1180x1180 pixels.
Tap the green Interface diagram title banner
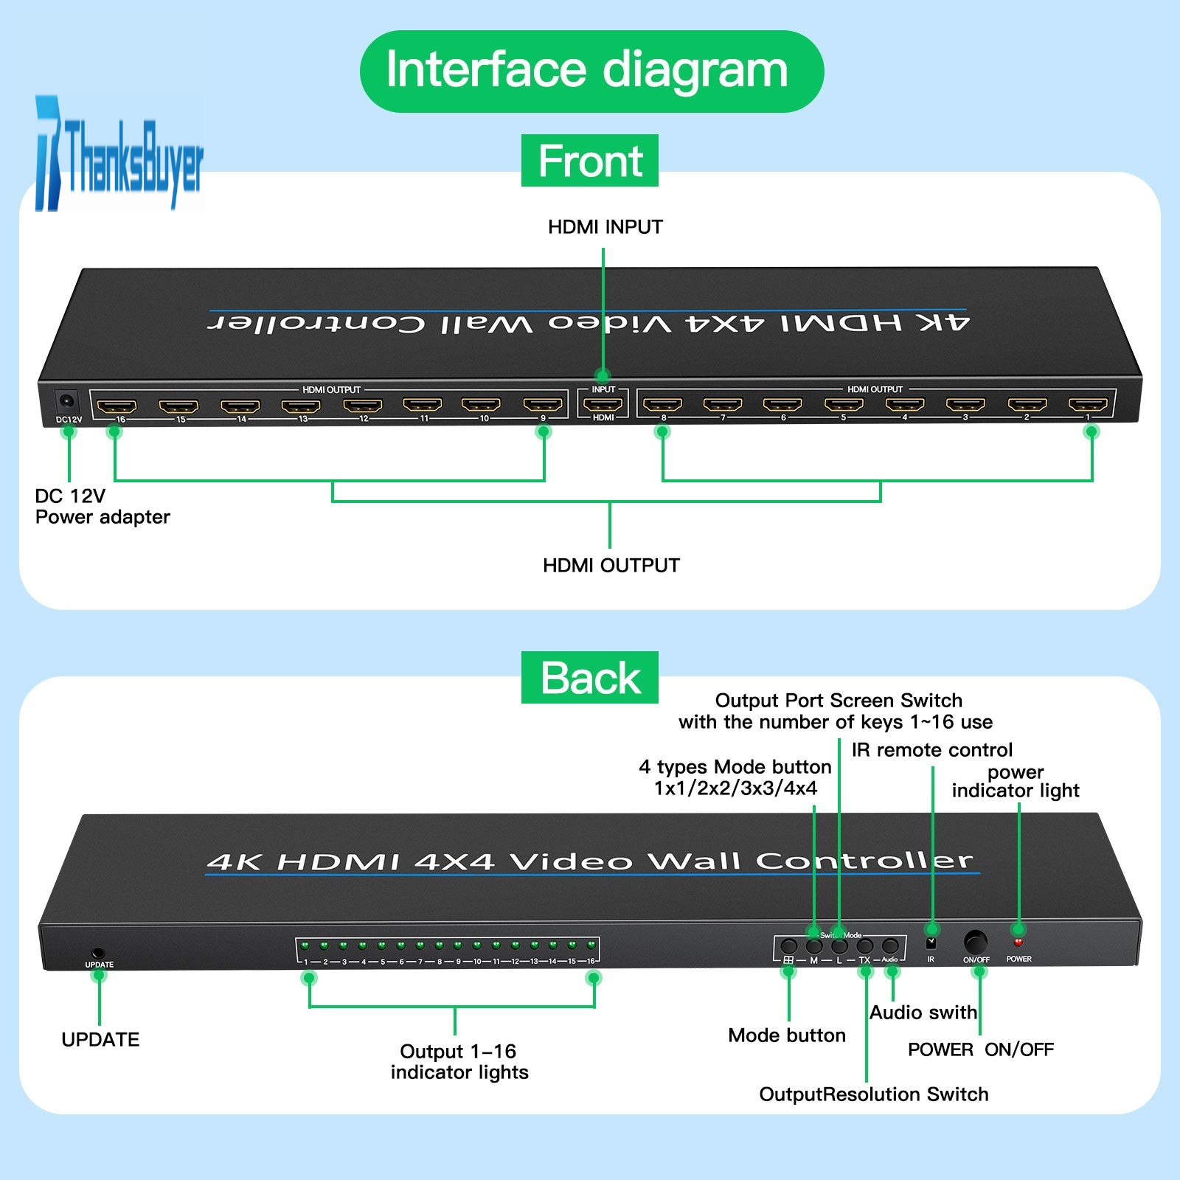[x=591, y=71]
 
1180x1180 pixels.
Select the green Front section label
[x=589, y=161]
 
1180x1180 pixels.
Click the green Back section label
[x=589, y=678]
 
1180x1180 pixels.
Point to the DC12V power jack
[x=67, y=402]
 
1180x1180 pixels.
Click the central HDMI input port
[x=603, y=404]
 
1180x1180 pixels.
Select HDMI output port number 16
[x=117, y=406]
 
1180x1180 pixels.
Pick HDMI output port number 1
[x=1088, y=404]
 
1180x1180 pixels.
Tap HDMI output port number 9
[x=543, y=405]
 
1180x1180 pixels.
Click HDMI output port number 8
[x=662, y=404]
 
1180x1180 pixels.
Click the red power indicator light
[x=1018, y=942]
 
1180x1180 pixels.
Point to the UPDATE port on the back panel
[x=97, y=954]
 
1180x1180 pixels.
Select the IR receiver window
[x=931, y=943]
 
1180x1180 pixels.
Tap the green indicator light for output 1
[x=305, y=945]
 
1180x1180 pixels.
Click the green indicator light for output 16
[x=591, y=945]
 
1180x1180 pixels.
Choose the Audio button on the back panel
[x=890, y=945]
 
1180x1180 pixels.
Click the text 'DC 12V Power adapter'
[x=102, y=506]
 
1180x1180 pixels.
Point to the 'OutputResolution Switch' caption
[x=873, y=1094]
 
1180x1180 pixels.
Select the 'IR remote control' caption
[x=931, y=750]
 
